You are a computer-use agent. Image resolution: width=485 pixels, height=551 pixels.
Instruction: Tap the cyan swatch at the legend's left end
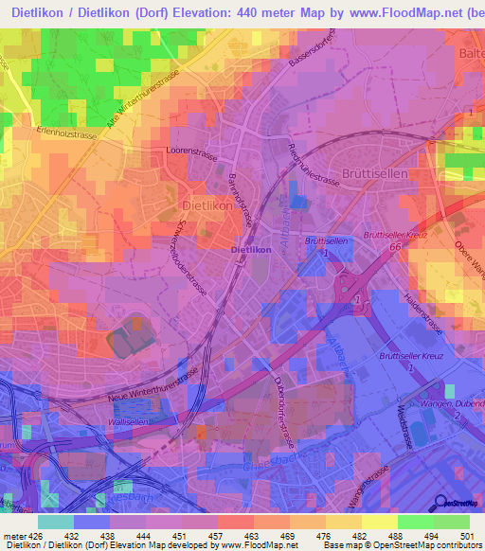click(56, 522)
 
